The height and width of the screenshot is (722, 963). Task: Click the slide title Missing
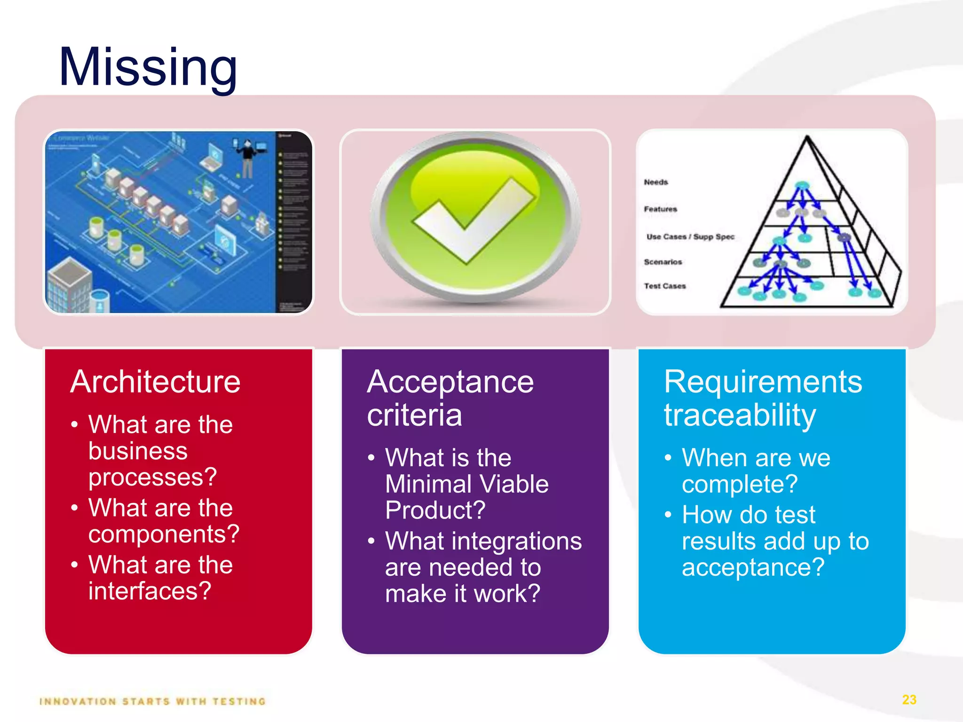click(148, 67)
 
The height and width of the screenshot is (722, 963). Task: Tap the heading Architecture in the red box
click(155, 382)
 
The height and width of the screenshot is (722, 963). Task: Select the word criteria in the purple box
click(414, 415)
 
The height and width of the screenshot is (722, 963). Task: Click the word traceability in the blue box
click(740, 415)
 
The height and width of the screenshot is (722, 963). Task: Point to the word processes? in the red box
click(152, 477)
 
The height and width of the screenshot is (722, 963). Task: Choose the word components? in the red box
click(164, 534)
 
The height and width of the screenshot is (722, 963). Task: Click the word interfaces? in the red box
click(150, 591)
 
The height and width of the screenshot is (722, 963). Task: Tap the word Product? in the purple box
click(435, 510)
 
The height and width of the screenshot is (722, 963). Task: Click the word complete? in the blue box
click(740, 484)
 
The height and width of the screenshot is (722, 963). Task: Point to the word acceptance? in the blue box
click(753, 567)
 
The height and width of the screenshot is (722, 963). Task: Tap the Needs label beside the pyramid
click(655, 182)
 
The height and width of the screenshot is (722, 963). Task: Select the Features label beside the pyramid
click(660, 209)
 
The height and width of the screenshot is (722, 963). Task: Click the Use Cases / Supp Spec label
click(690, 236)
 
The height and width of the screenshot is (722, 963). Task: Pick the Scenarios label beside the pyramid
click(663, 262)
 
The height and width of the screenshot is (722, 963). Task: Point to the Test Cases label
click(664, 286)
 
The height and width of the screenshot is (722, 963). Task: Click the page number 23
click(909, 700)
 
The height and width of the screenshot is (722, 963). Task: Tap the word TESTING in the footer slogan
click(239, 702)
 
